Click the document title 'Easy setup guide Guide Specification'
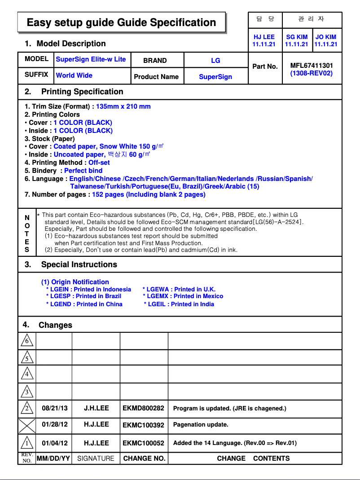[x=121, y=22]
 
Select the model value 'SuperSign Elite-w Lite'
[x=91, y=59]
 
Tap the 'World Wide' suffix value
[x=74, y=75]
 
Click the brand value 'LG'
[x=215, y=61]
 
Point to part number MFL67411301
[x=312, y=66]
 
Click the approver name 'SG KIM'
[x=296, y=37]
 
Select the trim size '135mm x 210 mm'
[x=123, y=106]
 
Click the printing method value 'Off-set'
[x=99, y=163]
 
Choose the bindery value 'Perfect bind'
[x=83, y=171]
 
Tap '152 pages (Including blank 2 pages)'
[x=149, y=194]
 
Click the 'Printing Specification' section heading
[x=82, y=92]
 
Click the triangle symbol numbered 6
[x=27, y=341]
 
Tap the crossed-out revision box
[x=27, y=425]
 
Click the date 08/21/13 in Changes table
[x=55, y=408]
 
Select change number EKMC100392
[x=143, y=425]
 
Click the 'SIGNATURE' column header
[x=96, y=458]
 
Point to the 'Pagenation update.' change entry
[x=201, y=424]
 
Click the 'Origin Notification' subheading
[x=75, y=282]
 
